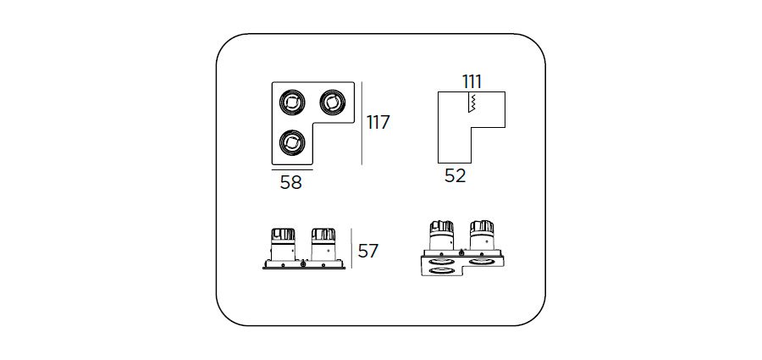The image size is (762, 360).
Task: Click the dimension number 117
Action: coord(378,122)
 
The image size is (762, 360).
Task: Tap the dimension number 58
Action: coord(291,182)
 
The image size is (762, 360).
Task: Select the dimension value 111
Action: coord(472,82)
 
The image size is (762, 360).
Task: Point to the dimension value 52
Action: coord(456,175)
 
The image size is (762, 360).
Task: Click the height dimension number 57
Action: coord(368,251)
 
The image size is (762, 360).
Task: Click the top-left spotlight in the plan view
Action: coord(292,102)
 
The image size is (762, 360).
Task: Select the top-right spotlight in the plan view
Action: coord(332,102)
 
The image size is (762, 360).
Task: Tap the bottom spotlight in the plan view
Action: coord(292,142)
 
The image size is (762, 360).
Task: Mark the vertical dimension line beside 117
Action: coord(362,123)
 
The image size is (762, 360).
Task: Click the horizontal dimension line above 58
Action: coord(292,170)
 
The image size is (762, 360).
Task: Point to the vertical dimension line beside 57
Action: coord(351,248)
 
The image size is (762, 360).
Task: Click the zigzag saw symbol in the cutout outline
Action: coord(472,102)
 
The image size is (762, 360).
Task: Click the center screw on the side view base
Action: coord(304,263)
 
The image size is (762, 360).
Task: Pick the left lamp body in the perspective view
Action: coord(442,236)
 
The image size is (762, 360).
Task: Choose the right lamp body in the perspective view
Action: coord(482,236)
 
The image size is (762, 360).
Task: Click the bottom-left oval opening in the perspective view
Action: coord(442,270)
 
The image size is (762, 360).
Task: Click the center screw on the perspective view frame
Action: coord(461,252)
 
